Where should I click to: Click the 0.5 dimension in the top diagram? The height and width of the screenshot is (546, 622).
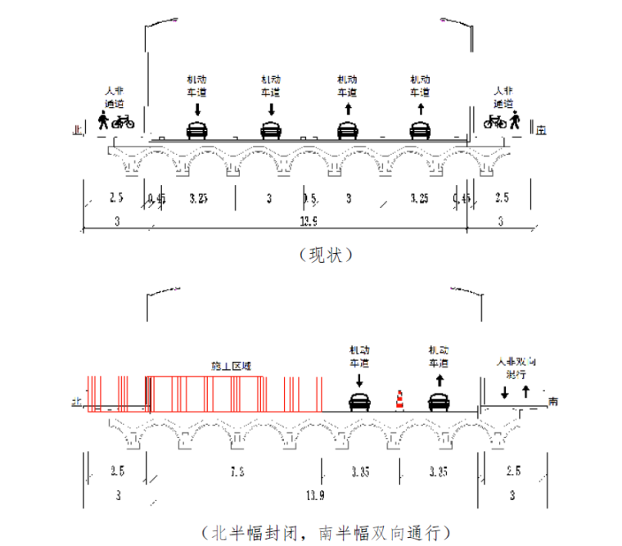[309, 199]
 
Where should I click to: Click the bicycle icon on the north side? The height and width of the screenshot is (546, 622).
[124, 122]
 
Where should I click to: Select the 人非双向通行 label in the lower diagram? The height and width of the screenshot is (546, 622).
[516, 367]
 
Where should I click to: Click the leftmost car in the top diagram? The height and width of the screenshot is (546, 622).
[196, 130]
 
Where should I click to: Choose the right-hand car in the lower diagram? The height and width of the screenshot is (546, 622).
[439, 402]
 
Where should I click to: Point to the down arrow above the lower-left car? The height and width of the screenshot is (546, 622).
[359, 381]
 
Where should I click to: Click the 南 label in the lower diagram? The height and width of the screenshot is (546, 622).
[554, 401]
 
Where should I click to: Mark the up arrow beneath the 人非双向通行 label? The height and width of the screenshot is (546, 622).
[525, 390]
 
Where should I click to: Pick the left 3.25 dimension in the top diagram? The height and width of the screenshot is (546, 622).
[199, 199]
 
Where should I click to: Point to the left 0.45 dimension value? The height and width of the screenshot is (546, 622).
[156, 199]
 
